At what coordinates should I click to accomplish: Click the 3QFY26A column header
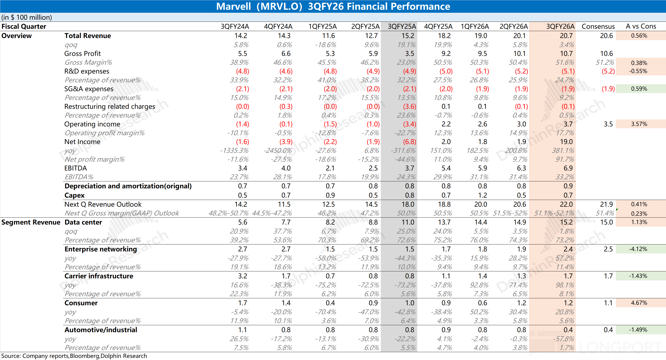click(x=560, y=26)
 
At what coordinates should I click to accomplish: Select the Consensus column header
click(x=598, y=26)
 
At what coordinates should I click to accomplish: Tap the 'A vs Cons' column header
click(x=641, y=26)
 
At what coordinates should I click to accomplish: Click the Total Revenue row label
click(x=88, y=36)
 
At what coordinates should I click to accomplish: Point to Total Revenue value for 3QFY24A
click(x=240, y=36)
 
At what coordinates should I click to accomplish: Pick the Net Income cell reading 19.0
click(x=566, y=142)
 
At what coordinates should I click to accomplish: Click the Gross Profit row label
click(x=82, y=54)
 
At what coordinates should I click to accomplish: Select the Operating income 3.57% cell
click(x=639, y=124)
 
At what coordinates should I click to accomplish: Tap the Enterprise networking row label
click(x=100, y=249)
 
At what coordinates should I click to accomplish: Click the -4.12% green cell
click(x=638, y=249)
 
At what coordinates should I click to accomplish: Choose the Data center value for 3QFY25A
click(x=408, y=222)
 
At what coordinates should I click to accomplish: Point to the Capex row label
click(x=74, y=195)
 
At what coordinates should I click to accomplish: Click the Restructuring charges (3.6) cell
click(x=410, y=106)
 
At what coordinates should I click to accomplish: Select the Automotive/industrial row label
click(x=100, y=330)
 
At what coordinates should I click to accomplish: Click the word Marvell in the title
click(x=233, y=6)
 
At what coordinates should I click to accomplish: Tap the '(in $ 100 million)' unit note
click(x=27, y=17)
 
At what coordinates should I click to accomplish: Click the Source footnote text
click(x=74, y=356)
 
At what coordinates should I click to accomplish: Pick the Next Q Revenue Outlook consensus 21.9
click(x=606, y=204)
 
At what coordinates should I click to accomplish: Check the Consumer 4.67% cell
click(x=639, y=303)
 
